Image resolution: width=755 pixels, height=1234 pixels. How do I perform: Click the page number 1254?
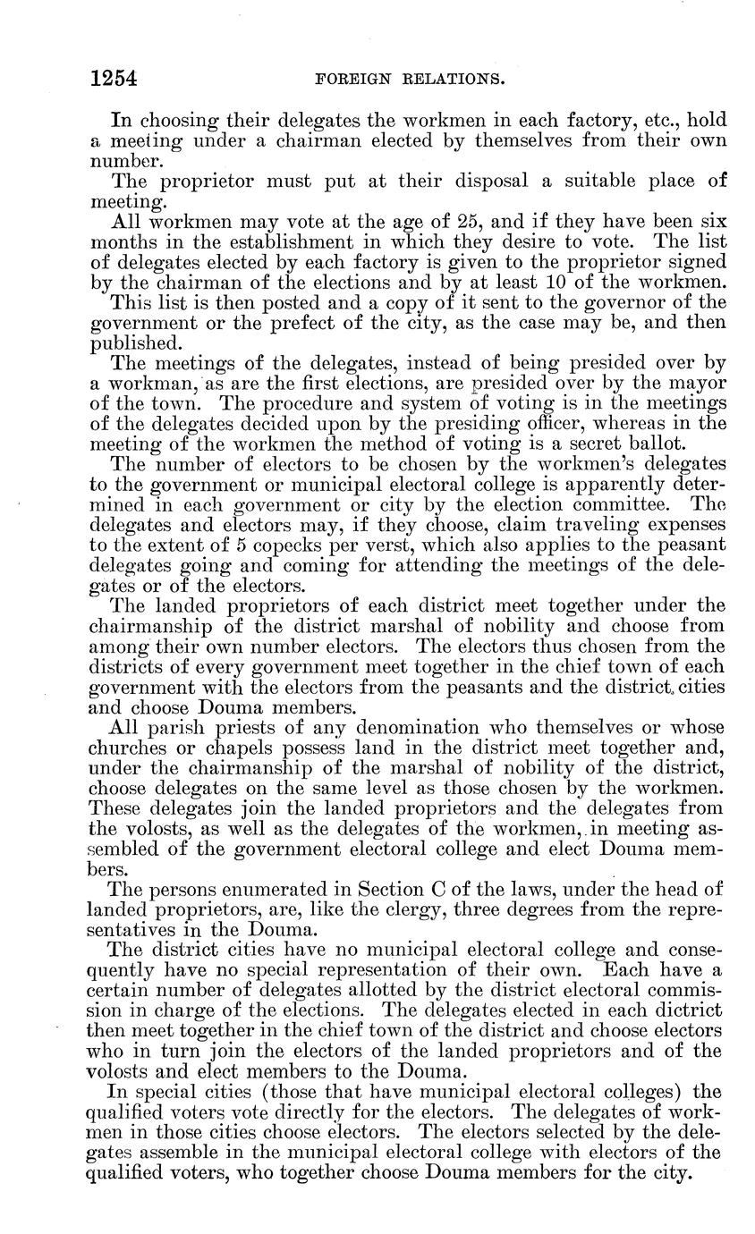[113, 79]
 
